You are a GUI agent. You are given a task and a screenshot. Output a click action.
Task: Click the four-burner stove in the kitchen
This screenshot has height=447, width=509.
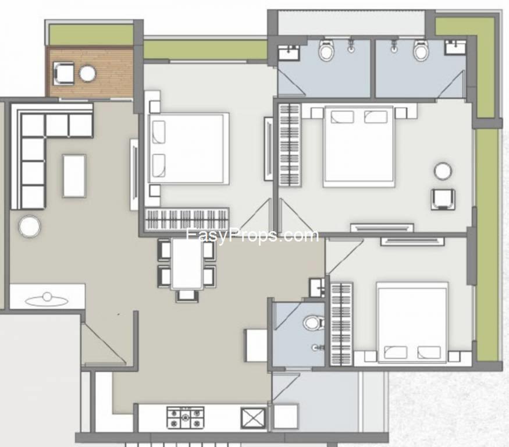pyautogui.click(x=186, y=417)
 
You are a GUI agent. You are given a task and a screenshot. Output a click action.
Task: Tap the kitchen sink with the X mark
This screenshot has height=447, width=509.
pyautogui.click(x=252, y=418)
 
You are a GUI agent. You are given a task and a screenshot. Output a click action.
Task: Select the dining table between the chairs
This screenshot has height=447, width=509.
pyautogui.click(x=187, y=264)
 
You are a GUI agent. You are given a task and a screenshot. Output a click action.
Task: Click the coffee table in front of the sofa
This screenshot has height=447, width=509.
pyautogui.click(x=74, y=176)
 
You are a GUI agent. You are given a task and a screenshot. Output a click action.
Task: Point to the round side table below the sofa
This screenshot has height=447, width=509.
pyautogui.click(x=30, y=226)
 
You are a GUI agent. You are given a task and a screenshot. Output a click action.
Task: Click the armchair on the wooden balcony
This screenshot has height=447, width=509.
pyautogui.click(x=63, y=74)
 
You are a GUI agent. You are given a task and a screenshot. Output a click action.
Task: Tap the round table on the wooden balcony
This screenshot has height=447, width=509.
pyautogui.click(x=88, y=73)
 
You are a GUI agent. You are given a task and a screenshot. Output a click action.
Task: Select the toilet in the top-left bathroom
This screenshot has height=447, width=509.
pyautogui.click(x=326, y=51)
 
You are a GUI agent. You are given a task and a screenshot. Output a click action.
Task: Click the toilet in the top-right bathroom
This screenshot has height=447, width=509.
pyautogui.click(x=421, y=50)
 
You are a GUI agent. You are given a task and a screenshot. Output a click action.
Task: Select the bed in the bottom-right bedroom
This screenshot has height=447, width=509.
pyautogui.click(x=412, y=322)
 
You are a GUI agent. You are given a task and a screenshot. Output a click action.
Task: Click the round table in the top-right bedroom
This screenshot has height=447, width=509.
pyautogui.click(x=443, y=171)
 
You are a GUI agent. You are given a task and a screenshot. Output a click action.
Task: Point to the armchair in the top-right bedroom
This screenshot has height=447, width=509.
pyautogui.click(x=443, y=199)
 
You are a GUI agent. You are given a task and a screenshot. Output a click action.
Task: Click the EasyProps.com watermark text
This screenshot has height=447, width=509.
pyautogui.click(x=252, y=235)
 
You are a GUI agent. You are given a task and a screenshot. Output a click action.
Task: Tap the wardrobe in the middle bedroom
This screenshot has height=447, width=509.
pyautogui.click(x=187, y=219)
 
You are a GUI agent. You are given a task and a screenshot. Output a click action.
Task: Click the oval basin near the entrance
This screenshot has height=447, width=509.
pyautogui.click(x=47, y=301)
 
